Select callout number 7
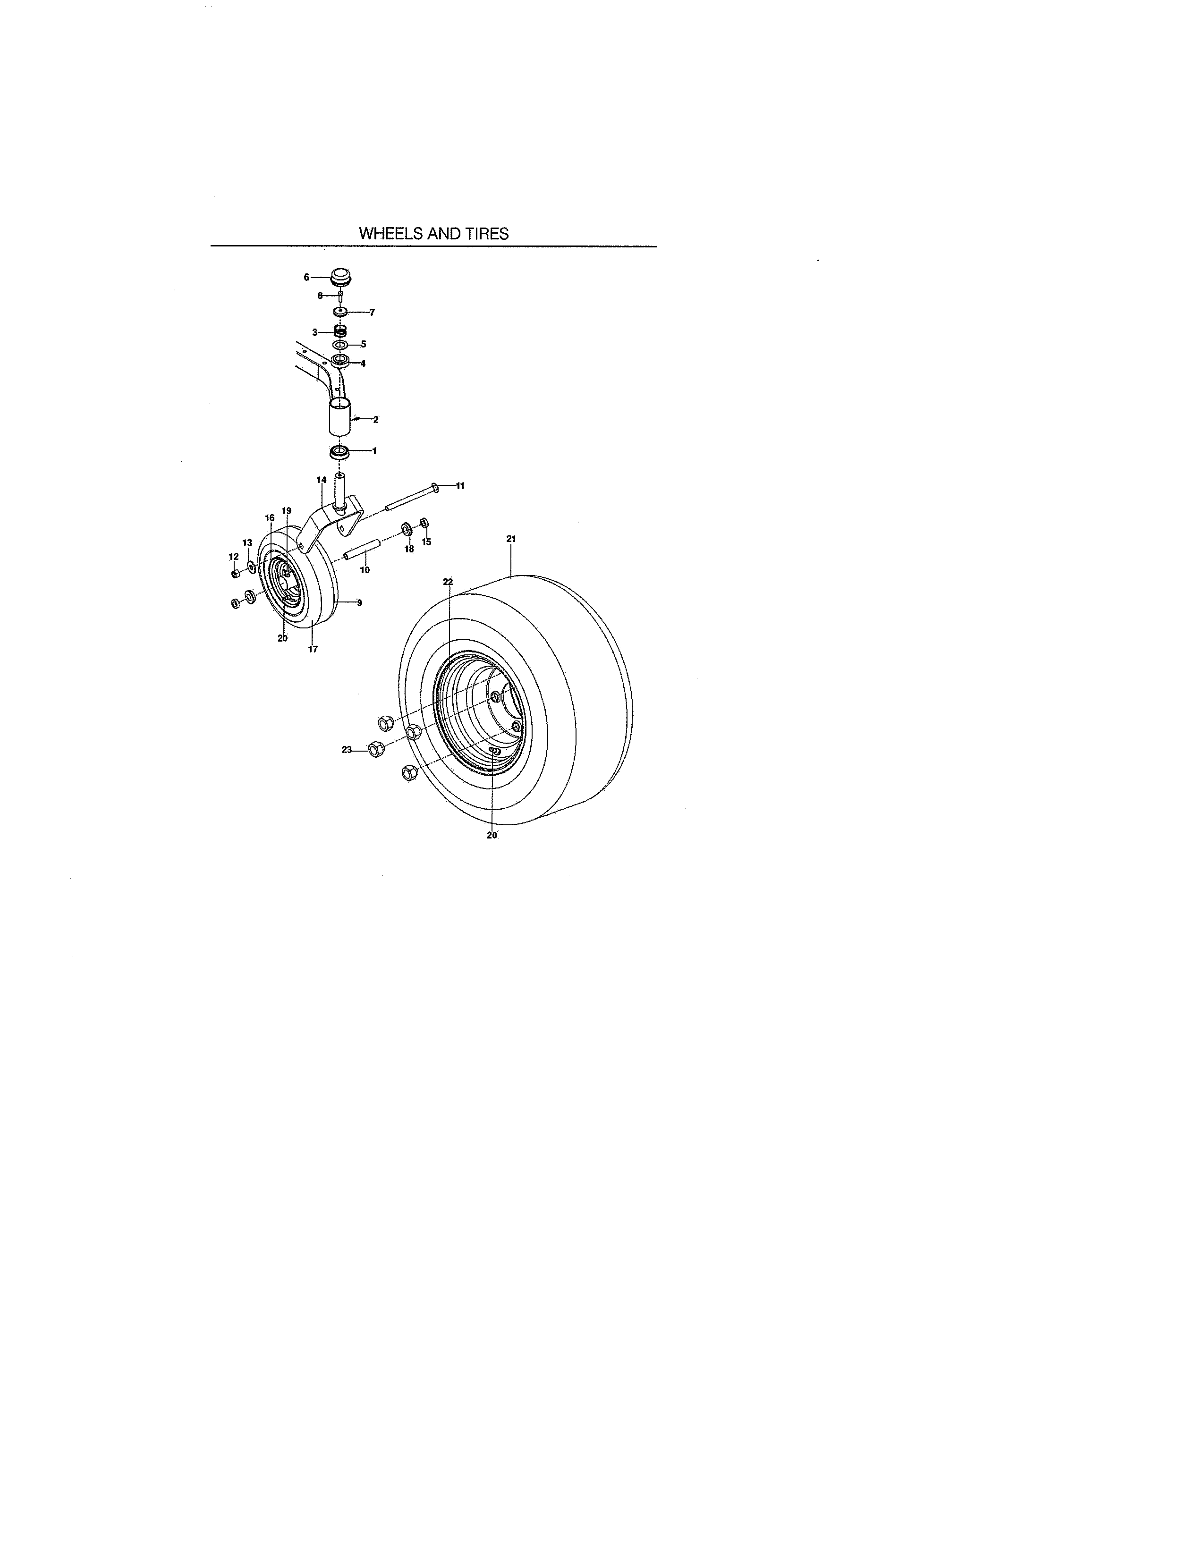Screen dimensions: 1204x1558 (372, 313)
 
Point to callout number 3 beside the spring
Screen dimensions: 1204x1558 (314, 332)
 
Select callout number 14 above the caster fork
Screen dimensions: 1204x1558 (321, 480)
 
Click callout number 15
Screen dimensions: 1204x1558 (426, 542)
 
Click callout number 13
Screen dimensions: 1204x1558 (247, 543)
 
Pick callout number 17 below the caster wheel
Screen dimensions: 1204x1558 (313, 649)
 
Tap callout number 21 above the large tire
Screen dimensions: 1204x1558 (511, 539)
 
